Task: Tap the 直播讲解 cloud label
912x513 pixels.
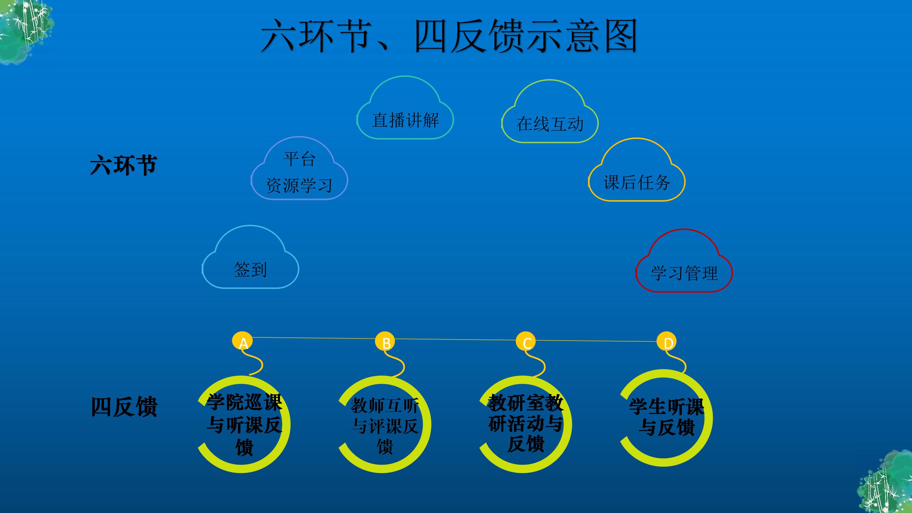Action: (405, 120)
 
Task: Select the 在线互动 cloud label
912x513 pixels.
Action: (550, 124)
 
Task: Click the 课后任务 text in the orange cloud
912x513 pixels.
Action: (637, 182)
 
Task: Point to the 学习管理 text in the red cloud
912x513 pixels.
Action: (684, 273)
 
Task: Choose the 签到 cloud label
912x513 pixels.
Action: (250, 270)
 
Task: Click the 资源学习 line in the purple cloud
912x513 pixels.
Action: (299, 185)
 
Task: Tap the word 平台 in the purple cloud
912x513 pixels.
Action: (299, 159)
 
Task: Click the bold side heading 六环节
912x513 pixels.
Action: (124, 165)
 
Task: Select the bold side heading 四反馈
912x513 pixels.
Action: (124, 407)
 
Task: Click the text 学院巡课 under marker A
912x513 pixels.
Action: (244, 402)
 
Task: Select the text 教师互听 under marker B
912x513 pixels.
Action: (385, 406)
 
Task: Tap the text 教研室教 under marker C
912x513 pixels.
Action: (525, 403)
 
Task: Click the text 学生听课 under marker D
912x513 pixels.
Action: (667, 406)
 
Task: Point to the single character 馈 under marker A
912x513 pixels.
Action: (244, 447)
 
